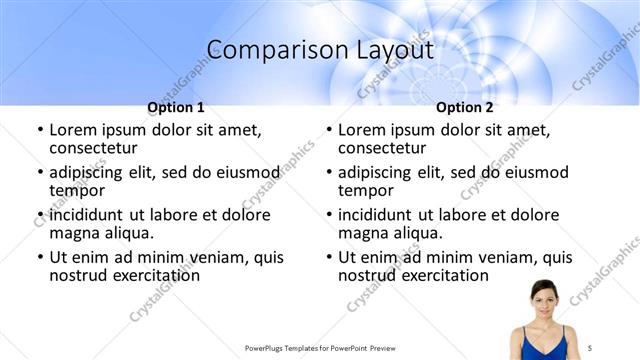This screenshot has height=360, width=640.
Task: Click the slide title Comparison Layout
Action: pyautogui.click(x=320, y=49)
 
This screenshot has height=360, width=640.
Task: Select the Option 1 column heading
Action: pyautogui.click(x=176, y=107)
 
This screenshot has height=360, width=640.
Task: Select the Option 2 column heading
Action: pyautogui.click(x=464, y=107)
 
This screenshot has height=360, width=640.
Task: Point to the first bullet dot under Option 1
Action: pyautogui.click(x=40, y=131)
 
